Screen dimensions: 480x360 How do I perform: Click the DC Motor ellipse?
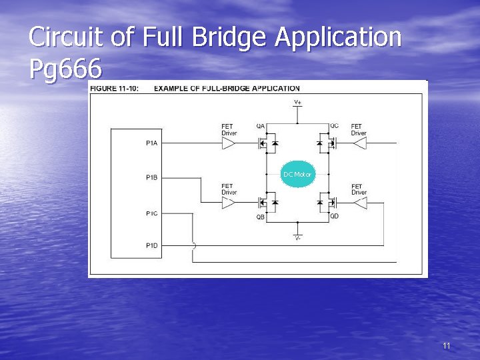[x=297, y=174]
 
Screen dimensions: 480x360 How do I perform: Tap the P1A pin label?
[x=152, y=143]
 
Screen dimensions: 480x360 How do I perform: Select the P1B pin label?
[x=152, y=177]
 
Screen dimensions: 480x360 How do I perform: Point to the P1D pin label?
[x=152, y=246]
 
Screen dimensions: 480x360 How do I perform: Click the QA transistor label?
[x=260, y=125]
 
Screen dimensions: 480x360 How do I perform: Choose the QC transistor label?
[x=333, y=125]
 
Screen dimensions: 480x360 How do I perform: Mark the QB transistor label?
[x=260, y=217]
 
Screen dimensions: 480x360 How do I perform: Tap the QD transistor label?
[x=333, y=217]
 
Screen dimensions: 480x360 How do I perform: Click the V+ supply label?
[x=297, y=102]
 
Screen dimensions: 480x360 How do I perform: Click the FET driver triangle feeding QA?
[x=229, y=143]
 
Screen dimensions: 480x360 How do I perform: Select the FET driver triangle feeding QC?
[x=360, y=143]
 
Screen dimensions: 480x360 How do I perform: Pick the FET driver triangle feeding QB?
[x=229, y=202]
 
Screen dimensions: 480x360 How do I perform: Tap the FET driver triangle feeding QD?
[x=360, y=202]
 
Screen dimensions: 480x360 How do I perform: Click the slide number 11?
[x=447, y=345]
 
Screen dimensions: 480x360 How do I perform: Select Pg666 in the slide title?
[x=65, y=69]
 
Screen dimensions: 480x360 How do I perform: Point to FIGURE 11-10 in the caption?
[x=114, y=88]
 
